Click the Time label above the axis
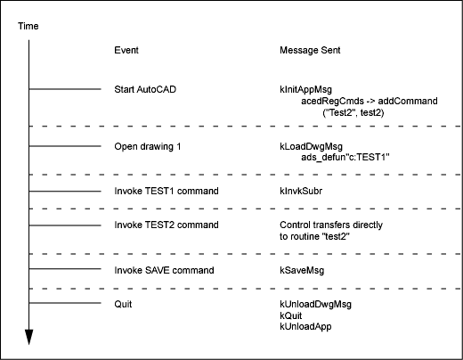click(28, 26)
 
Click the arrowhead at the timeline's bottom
click(28, 337)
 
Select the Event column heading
click(126, 50)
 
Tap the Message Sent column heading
click(310, 50)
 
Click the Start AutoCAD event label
click(145, 89)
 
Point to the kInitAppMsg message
click(305, 90)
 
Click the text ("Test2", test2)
click(353, 112)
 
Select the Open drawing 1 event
click(148, 146)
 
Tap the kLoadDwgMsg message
click(311, 146)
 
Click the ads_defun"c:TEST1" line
click(345, 157)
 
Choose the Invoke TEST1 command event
click(167, 191)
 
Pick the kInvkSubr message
click(301, 191)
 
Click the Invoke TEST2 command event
click(167, 225)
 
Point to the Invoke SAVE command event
click(164, 270)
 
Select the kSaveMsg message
click(302, 270)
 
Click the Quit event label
click(123, 304)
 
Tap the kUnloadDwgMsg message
click(315, 304)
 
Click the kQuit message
click(291, 315)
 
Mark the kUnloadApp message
click(305, 326)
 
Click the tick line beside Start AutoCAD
click(65, 89)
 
